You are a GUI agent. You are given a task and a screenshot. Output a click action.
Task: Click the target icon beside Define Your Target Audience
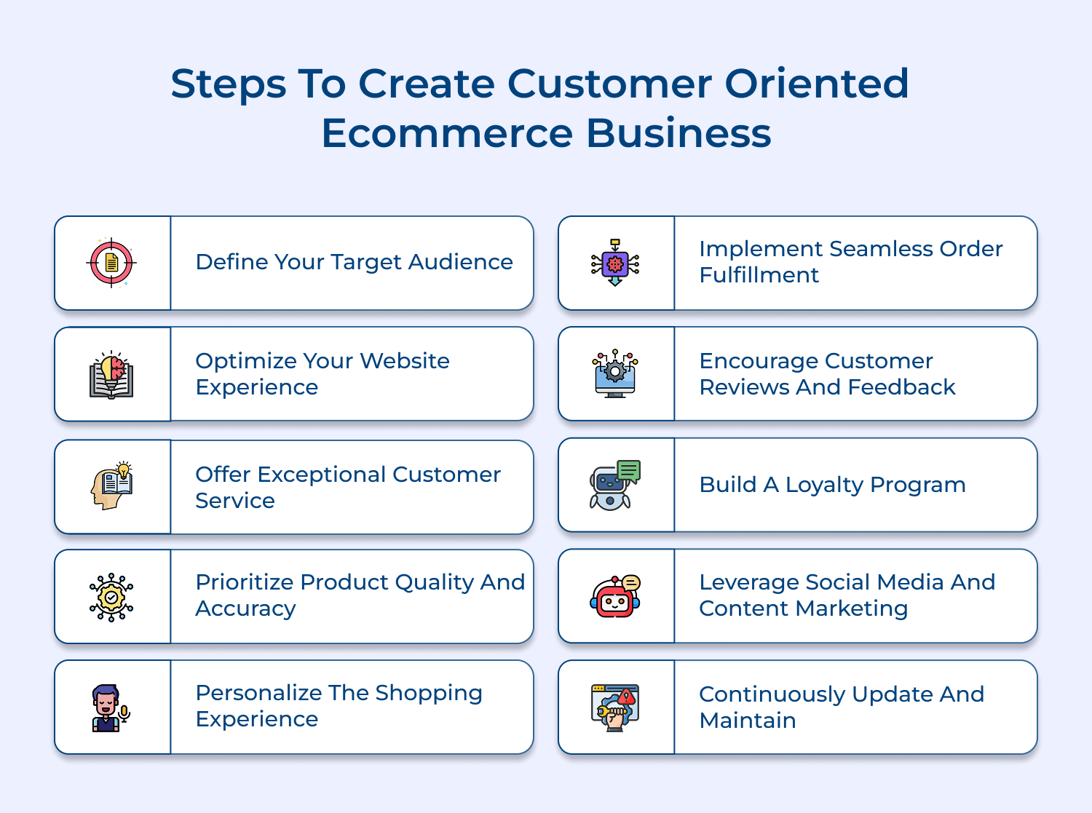pyautogui.click(x=111, y=263)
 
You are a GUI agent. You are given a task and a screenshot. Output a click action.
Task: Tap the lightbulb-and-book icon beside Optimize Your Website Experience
pyautogui.click(x=111, y=375)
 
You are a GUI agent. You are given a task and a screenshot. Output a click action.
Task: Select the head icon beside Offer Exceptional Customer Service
pyautogui.click(x=112, y=485)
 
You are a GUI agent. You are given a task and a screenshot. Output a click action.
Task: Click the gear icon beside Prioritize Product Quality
pyautogui.click(x=111, y=598)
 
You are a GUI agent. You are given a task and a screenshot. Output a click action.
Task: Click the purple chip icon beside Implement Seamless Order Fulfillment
pyautogui.click(x=615, y=263)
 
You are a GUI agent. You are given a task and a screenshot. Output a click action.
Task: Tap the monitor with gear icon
pyautogui.click(x=615, y=374)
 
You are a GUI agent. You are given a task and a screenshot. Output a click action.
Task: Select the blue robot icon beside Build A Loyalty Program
pyautogui.click(x=615, y=485)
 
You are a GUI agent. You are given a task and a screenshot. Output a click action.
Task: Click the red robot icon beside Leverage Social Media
pyautogui.click(x=615, y=596)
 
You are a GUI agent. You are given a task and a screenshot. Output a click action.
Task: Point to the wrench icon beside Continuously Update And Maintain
pyautogui.click(x=615, y=708)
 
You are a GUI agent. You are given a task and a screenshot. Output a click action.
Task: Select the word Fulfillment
pyautogui.click(x=759, y=275)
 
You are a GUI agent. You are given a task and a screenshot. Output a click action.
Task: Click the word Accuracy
pyautogui.click(x=245, y=608)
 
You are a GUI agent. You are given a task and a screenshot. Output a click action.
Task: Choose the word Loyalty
pyautogui.click(x=824, y=485)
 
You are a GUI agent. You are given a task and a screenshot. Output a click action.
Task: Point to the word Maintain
pyautogui.click(x=748, y=721)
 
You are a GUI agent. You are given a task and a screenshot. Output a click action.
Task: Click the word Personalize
pyautogui.click(x=258, y=693)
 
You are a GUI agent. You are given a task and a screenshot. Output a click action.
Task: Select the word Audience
pyautogui.click(x=460, y=262)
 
